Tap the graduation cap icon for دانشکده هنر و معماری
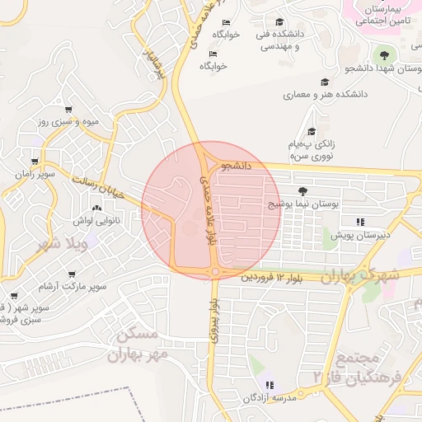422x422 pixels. click(x=325, y=82)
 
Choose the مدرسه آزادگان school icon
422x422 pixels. click(x=270, y=385)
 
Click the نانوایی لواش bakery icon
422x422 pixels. click(x=97, y=209)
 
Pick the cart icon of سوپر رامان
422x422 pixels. click(x=33, y=162)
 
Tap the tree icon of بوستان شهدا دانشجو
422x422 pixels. click(x=382, y=55)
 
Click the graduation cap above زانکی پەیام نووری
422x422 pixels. click(x=312, y=132)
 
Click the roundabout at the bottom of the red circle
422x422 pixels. click(x=215, y=271)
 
